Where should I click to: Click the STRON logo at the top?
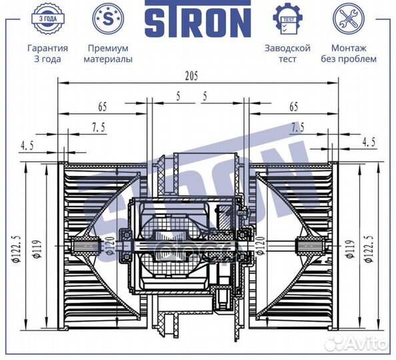[197, 22]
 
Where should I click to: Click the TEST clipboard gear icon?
[287, 19]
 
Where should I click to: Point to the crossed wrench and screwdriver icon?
[348, 19]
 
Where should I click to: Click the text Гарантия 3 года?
[47, 53]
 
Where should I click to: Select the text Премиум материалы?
[107, 53]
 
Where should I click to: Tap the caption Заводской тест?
[287, 53]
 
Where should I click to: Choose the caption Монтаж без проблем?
[348, 53]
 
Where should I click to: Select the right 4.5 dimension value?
[368, 141]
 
